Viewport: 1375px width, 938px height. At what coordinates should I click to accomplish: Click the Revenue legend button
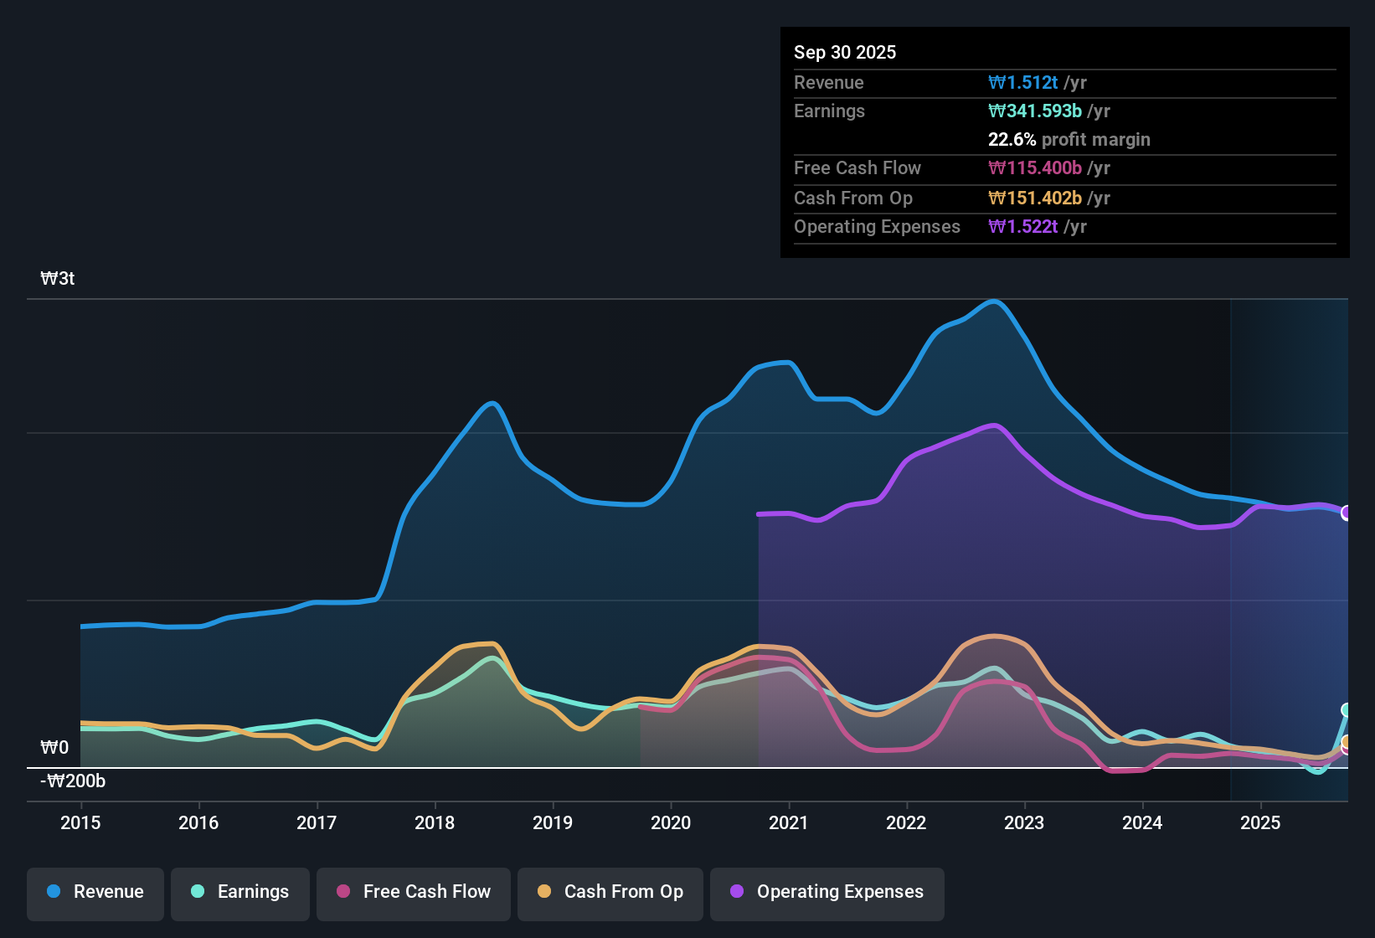[95, 892]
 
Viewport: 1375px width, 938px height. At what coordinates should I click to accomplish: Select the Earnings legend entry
[240, 892]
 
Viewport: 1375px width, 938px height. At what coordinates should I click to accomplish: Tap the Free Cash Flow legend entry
[414, 892]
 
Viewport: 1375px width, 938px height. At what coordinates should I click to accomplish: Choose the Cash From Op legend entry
[610, 892]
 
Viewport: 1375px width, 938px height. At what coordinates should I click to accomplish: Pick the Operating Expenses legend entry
[827, 892]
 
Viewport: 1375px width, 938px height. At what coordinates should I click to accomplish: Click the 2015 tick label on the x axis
[80, 822]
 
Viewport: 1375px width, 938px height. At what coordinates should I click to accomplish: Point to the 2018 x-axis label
[435, 822]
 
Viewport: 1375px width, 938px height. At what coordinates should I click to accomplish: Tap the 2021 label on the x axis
[789, 822]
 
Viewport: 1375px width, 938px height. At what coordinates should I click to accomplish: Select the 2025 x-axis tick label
[1260, 822]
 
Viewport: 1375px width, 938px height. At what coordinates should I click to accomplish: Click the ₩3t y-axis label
[58, 279]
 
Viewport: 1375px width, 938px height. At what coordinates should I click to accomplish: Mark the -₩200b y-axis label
[73, 781]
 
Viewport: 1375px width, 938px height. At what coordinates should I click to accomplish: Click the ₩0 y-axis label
[54, 747]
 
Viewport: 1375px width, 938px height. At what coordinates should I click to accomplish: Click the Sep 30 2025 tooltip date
[845, 52]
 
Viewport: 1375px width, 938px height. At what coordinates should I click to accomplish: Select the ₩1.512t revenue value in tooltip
[1023, 82]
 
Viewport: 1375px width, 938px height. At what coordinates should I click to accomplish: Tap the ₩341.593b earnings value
[1035, 111]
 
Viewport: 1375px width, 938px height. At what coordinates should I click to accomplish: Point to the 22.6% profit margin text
[1069, 139]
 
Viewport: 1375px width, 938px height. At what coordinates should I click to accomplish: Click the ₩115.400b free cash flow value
[1035, 167]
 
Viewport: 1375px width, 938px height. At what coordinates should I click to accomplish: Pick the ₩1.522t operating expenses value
[1023, 226]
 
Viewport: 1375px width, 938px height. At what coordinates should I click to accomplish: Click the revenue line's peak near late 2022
[994, 301]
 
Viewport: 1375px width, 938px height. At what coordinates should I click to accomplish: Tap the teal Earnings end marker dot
[1347, 710]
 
